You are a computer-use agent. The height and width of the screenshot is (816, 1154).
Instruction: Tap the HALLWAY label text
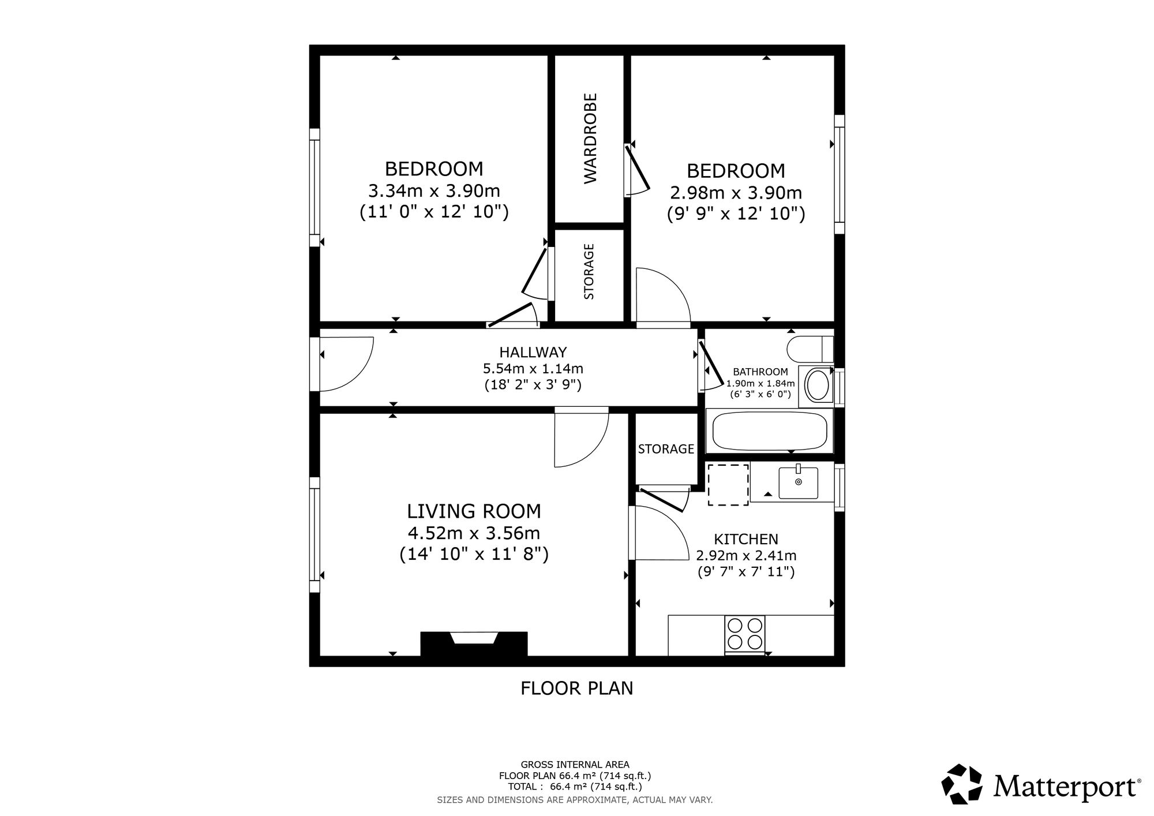point(533,352)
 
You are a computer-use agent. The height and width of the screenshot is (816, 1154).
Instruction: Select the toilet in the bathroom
point(810,349)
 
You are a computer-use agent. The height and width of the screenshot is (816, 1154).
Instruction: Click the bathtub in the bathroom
point(770,431)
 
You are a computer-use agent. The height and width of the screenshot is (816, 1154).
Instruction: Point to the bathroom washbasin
point(816,385)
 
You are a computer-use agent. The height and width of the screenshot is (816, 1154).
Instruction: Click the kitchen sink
point(798,483)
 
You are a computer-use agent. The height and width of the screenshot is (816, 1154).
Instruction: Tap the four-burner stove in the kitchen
point(745,634)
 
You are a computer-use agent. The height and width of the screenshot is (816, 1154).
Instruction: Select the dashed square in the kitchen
point(728,484)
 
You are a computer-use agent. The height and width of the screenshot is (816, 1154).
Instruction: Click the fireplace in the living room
point(474,643)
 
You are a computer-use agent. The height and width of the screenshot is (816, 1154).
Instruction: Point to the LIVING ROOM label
point(474,511)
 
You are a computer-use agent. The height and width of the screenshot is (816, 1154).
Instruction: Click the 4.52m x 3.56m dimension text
point(474,533)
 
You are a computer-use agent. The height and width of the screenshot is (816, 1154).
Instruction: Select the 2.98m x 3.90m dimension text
point(736,192)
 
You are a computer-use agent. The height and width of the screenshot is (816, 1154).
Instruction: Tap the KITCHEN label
point(746,540)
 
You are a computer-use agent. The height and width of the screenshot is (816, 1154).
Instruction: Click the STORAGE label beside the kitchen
point(666,449)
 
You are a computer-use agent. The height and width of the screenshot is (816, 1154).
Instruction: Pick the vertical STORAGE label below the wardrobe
point(589,271)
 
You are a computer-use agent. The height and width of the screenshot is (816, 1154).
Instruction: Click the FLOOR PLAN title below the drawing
point(577,688)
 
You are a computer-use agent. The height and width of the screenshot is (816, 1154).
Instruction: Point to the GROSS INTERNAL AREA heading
point(575,765)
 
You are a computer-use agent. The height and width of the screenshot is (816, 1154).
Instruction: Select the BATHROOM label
point(760,372)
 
